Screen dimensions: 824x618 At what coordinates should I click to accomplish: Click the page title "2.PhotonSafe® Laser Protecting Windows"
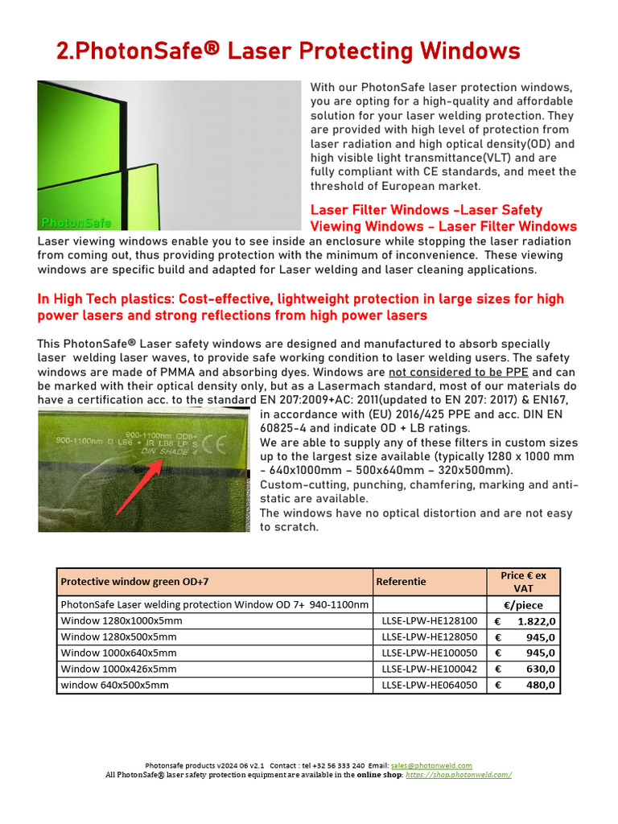(x=288, y=52)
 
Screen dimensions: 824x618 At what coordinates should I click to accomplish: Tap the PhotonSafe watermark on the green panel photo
(x=76, y=223)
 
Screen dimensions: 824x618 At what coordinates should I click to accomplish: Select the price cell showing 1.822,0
(x=524, y=620)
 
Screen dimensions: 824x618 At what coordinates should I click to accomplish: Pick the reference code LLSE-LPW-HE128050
(x=429, y=637)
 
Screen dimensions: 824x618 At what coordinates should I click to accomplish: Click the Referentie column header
(x=402, y=581)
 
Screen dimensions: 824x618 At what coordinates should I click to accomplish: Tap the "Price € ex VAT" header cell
(x=523, y=582)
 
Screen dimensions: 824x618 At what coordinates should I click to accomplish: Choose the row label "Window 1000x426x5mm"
(x=118, y=669)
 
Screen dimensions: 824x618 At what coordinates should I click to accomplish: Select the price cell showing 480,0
(x=524, y=685)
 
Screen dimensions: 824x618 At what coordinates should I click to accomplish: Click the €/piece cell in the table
(x=524, y=604)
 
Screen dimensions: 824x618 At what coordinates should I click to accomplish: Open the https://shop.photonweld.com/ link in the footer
(x=459, y=775)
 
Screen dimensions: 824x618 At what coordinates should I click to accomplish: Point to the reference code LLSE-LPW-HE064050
(x=429, y=685)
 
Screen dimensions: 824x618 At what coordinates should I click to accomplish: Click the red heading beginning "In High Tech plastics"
(x=300, y=307)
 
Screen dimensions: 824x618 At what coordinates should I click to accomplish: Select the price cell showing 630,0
(x=524, y=669)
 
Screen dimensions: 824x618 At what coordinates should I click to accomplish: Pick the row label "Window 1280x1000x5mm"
(x=122, y=620)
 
